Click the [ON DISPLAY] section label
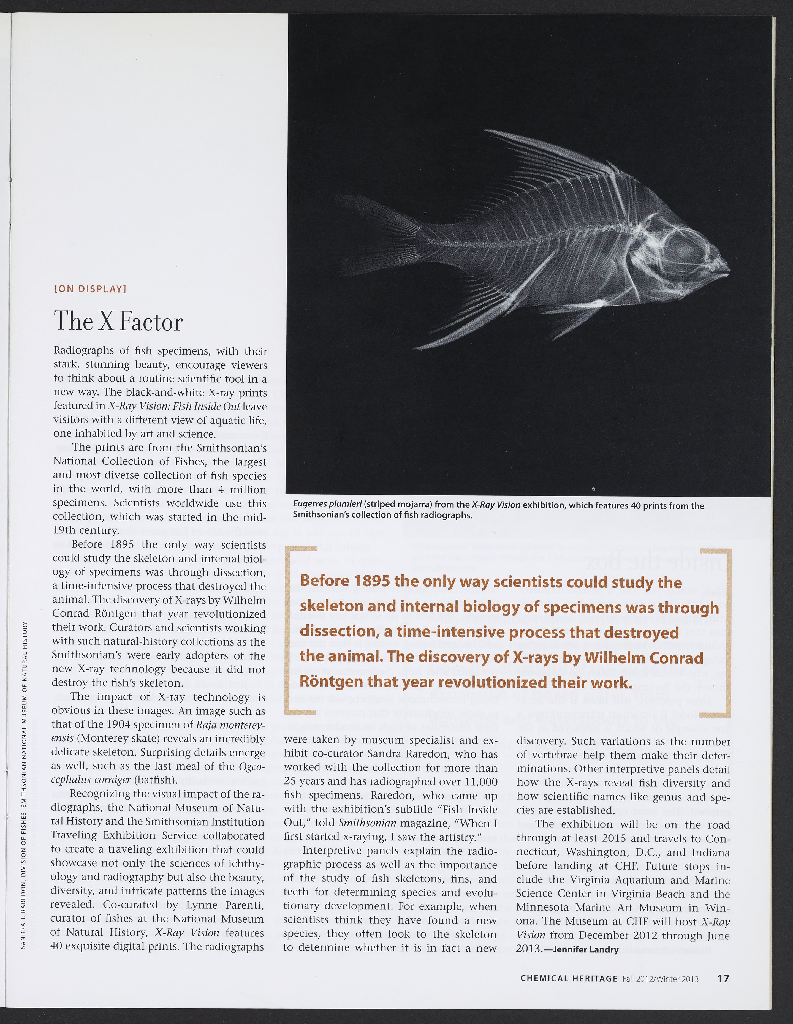(91, 289)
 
